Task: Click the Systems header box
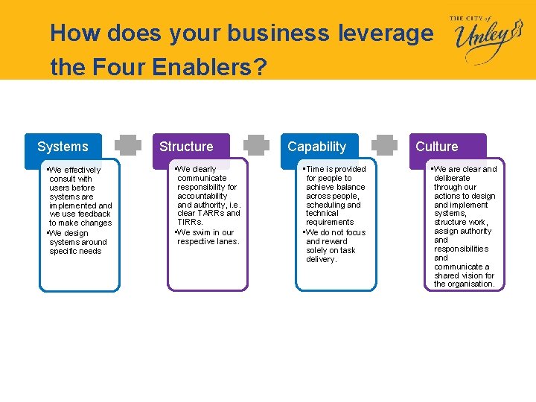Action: coord(63,147)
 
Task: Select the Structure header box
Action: coord(186,147)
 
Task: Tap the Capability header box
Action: coord(317,147)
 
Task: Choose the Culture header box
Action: coord(437,147)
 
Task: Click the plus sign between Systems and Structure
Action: coord(129,147)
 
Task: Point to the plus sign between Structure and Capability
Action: coord(257,147)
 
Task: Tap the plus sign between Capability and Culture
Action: coord(385,147)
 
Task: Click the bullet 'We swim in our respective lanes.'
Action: coord(207,237)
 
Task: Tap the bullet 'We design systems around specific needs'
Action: coord(77,242)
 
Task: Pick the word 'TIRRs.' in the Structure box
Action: coord(190,222)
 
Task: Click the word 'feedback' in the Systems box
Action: coord(95,214)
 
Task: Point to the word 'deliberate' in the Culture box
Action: coord(452,178)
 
